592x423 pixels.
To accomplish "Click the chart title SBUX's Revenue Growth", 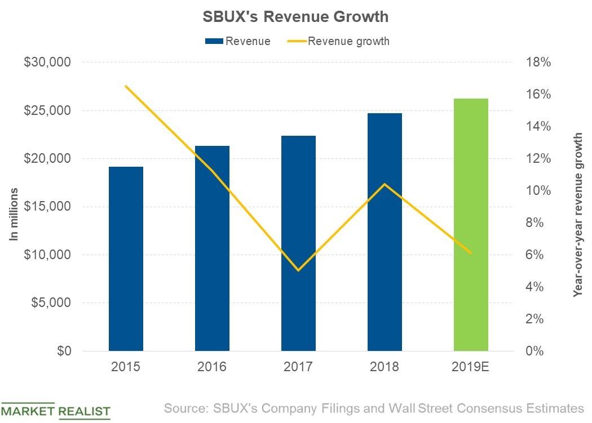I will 295,17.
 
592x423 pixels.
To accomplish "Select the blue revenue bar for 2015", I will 126,259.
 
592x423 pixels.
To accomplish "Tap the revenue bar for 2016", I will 212,248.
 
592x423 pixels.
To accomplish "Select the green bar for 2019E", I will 471,225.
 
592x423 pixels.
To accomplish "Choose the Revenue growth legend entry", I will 339,41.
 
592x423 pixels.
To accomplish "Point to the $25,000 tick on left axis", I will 47,110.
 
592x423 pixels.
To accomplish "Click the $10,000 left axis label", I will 47,255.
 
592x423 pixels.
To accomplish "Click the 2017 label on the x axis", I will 298,367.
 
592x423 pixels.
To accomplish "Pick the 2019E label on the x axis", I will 471,367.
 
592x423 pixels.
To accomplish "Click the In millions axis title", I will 14,214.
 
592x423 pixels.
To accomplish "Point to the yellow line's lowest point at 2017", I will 298,270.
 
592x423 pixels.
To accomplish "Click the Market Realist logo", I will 55,411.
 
